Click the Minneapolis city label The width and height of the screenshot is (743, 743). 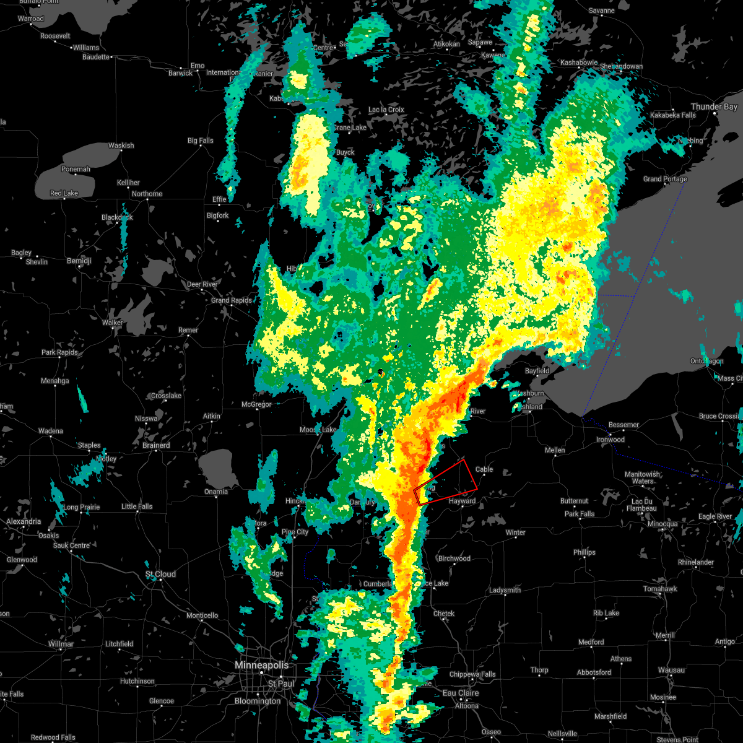[x=261, y=665]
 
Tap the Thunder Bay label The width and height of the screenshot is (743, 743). [x=714, y=106]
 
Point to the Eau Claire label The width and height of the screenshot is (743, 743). [x=461, y=693]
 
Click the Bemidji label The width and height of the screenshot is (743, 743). [x=79, y=261]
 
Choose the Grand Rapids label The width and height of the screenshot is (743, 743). [x=232, y=300]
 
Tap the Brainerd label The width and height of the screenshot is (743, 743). [x=156, y=445]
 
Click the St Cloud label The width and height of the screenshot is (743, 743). [x=160, y=574]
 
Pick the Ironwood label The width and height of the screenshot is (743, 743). [x=610, y=440]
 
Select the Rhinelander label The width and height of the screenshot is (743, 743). [x=696, y=562]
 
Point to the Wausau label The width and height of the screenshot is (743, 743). [x=671, y=670]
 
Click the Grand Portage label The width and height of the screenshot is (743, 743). [x=665, y=179]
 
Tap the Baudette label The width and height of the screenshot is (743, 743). [x=96, y=57]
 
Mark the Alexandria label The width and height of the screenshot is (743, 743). [x=24, y=521]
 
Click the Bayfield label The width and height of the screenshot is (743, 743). [x=537, y=371]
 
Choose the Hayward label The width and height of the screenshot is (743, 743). [x=462, y=501]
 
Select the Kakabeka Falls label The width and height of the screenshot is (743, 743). [x=672, y=115]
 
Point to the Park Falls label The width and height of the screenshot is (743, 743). [x=579, y=514]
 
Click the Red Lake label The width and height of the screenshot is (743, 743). [x=64, y=193]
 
